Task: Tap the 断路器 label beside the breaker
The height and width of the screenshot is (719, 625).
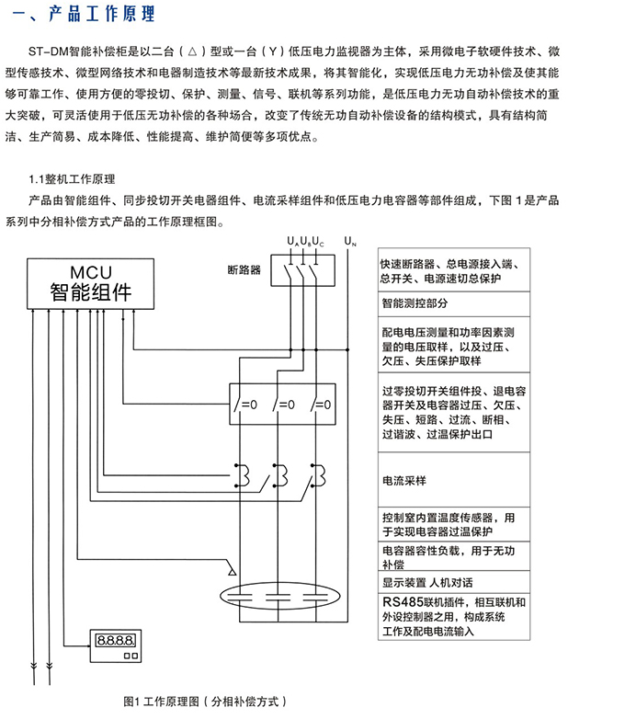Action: [x=244, y=270]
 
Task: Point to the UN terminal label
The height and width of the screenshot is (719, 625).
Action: [x=349, y=242]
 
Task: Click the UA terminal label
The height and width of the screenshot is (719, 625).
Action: [x=291, y=242]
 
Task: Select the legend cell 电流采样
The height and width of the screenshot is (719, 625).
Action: [x=403, y=481]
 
